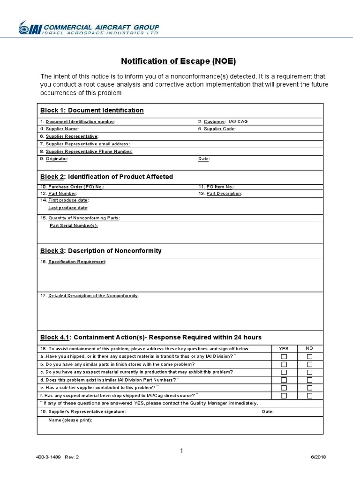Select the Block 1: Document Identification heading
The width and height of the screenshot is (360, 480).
92,110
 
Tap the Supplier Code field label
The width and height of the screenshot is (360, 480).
217,128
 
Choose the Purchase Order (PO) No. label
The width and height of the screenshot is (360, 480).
73,186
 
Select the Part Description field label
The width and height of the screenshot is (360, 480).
220,193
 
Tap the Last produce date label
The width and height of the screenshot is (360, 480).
68,208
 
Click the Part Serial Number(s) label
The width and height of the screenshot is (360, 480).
74,225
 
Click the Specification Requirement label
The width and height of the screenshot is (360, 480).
74,262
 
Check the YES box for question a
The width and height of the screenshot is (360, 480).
284,357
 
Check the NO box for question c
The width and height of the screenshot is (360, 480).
309,372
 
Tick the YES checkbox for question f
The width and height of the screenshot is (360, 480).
284,396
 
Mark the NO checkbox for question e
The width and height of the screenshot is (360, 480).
309,388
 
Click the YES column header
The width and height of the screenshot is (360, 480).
284,349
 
